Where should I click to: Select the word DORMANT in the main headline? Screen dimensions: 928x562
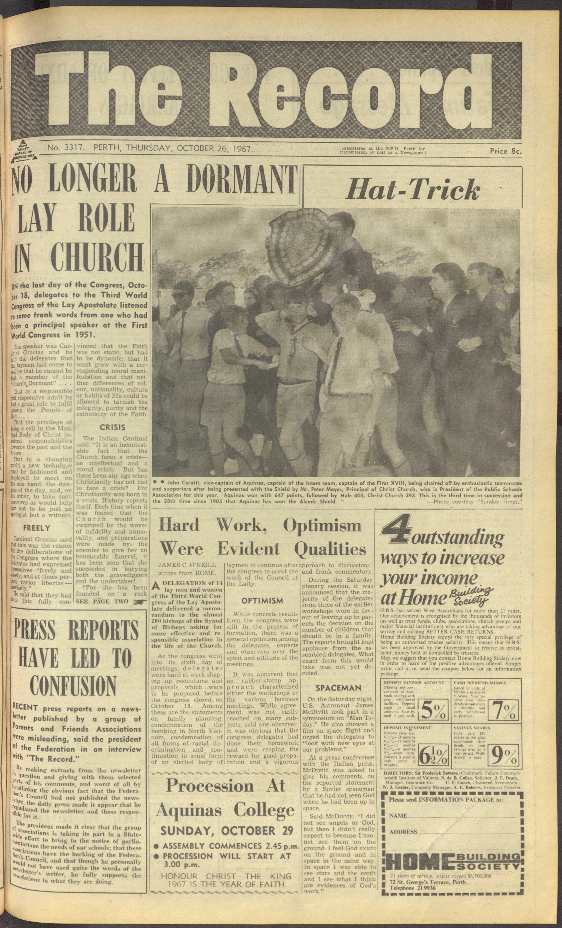pos(240,181)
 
